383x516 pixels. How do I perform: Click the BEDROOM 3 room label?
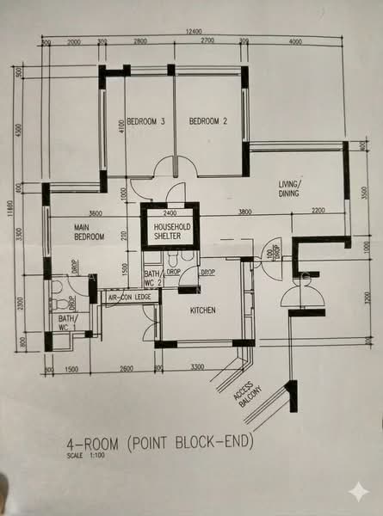(x=145, y=121)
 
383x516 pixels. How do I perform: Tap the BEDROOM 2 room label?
(x=207, y=120)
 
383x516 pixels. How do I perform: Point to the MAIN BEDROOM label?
(x=89, y=231)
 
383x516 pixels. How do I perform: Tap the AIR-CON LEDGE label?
(x=129, y=298)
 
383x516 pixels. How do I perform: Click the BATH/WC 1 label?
(x=67, y=322)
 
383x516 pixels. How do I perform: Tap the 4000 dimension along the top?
(x=297, y=41)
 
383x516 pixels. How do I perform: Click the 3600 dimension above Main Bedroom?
(x=95, y=212)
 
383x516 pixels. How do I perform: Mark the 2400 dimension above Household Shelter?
(x=170, y=212)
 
